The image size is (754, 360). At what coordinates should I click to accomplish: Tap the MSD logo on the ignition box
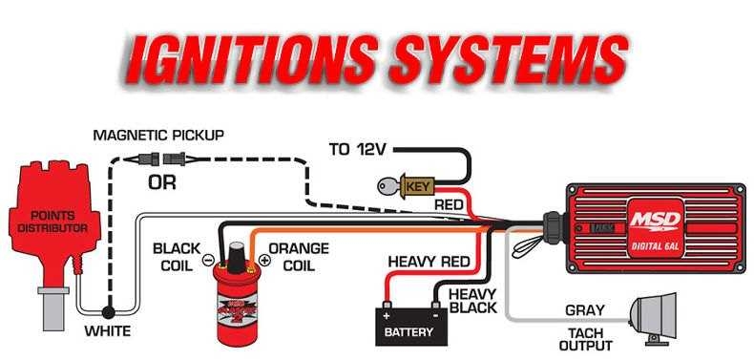point(655,221)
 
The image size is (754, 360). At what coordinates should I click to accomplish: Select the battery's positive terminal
point(387,306)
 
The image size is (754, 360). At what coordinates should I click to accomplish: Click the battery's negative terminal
point(435,306)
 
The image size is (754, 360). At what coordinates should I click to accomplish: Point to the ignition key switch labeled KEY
point(407,186)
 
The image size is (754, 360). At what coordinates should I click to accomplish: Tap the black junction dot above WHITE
point(108,312)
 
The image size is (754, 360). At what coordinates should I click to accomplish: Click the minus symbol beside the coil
point(208,260)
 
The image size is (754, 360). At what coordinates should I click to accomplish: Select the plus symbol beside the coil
point(264,260)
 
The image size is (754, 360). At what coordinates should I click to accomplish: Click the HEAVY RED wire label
point(429,263)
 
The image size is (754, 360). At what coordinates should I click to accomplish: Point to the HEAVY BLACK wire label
point(472,301)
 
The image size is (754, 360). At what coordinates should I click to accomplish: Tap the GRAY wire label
point(584,310)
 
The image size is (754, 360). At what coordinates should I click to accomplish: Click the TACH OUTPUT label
point(585,339)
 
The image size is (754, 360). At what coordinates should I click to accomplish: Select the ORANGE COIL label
point(299,257)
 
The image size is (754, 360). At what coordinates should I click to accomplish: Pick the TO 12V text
point(357,150)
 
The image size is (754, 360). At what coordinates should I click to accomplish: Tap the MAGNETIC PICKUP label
point(158,136)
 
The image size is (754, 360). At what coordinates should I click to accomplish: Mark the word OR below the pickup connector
point(161,183)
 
